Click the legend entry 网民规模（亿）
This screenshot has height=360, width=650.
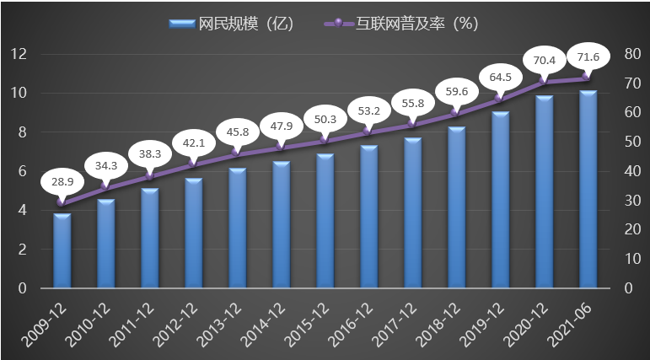point(229,24)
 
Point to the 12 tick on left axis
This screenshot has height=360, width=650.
point(19,54)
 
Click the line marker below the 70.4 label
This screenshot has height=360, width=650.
point(544,81)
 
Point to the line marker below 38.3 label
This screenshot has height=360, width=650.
point(150,175)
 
